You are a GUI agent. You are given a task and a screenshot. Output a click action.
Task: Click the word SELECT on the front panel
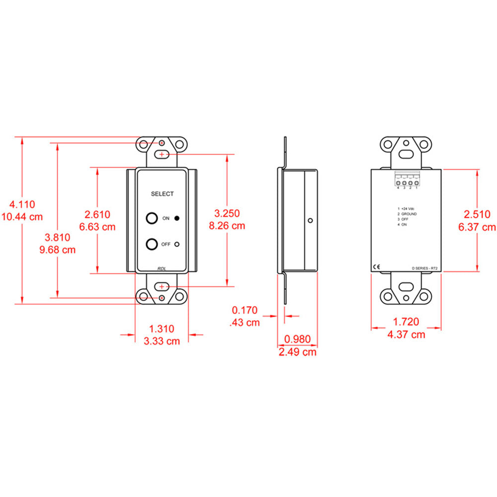162,194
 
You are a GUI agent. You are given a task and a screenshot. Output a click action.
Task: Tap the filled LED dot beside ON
177,218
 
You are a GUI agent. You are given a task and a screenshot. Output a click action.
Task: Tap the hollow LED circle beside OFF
177,244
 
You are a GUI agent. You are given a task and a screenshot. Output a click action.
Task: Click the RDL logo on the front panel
162,268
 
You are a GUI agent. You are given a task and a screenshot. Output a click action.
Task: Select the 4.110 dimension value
22,204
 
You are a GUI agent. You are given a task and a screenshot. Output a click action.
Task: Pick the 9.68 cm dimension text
58,249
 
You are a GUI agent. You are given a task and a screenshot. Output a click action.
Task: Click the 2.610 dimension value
97,214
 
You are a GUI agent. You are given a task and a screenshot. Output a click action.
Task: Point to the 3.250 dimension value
227,213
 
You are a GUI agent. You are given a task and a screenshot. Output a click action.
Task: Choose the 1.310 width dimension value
162,329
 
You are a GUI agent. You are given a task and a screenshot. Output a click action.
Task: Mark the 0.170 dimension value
245,311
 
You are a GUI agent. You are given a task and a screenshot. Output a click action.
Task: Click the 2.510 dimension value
477,214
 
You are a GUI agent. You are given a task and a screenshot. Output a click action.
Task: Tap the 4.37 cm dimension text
406,334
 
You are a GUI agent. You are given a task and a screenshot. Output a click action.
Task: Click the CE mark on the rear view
377,267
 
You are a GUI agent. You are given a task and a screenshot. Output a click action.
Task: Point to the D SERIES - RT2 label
424,268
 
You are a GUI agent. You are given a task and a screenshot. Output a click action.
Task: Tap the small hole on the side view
310,221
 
